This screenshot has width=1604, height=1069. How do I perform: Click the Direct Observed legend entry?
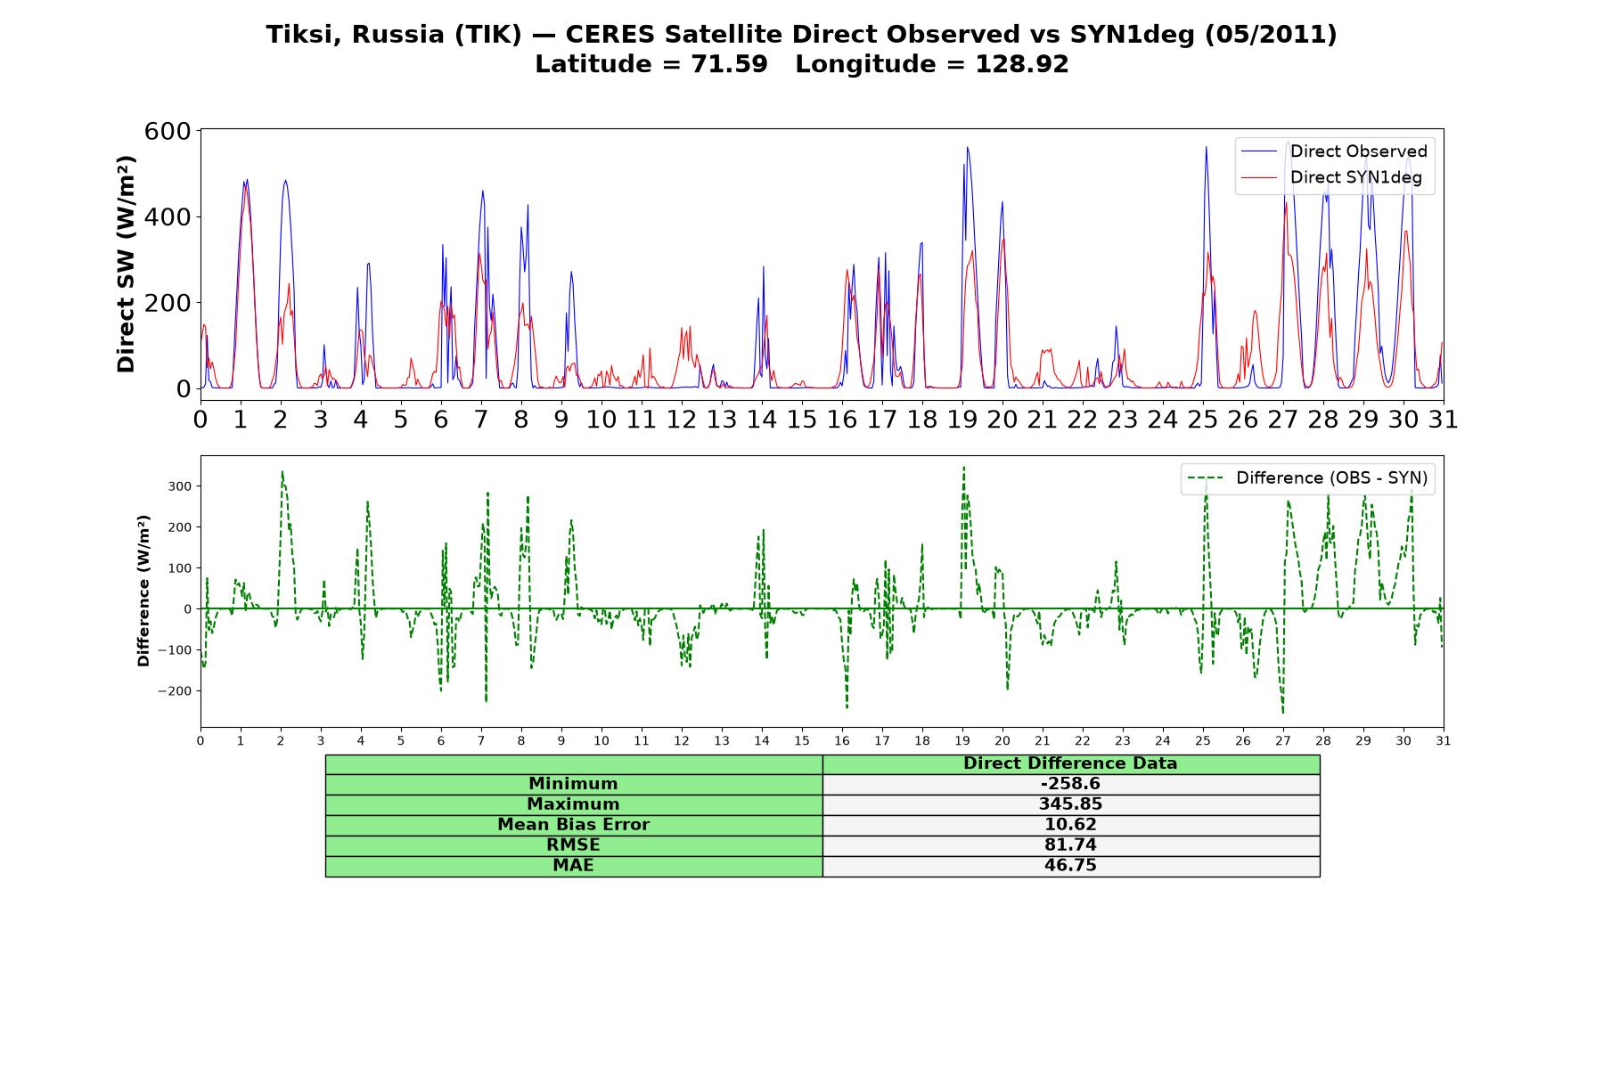1334,151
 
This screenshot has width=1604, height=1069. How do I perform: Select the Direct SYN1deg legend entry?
1331,177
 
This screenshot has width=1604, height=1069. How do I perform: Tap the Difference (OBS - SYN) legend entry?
1307,478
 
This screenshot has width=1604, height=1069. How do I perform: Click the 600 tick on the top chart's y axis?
168,131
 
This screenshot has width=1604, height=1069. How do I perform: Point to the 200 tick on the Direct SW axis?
168,303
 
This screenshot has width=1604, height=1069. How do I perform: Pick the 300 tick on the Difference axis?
181,486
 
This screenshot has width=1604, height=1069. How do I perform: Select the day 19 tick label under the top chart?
962,420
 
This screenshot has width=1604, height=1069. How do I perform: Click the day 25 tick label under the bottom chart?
1203,740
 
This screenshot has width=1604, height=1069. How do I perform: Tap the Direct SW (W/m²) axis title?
126,264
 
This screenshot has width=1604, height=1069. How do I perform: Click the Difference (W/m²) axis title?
143,592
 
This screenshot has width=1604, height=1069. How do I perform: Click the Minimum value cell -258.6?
1070,784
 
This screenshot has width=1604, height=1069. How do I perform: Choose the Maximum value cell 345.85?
1070,804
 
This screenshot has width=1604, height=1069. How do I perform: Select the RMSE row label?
573,845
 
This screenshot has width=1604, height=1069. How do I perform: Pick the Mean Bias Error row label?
573,825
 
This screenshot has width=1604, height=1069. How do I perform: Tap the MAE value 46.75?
1070,866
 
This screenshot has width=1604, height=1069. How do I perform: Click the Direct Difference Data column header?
1070,763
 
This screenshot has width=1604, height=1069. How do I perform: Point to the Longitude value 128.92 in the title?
1022,64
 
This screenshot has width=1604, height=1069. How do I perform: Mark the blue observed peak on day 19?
967,148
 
